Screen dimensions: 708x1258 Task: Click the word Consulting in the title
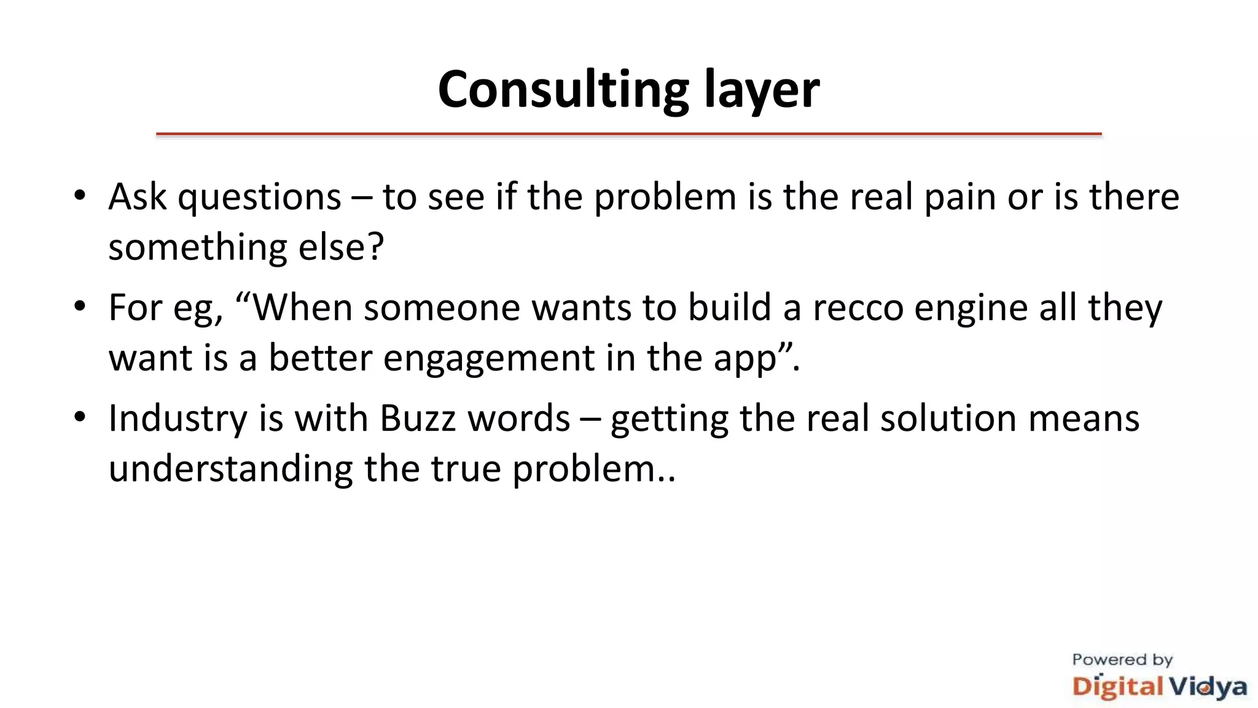[x=563, y=90]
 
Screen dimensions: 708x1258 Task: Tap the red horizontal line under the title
[x=628, y=133]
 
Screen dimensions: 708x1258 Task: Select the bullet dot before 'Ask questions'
[x=80, y=196]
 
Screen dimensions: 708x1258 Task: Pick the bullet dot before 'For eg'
[x=80, y=307]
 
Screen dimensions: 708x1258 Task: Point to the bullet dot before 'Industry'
[x=80, y=417]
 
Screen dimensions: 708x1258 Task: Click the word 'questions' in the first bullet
[x=259, y=198]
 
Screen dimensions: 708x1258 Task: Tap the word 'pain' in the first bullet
[x=959, y=198]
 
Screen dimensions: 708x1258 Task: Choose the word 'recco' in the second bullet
[x=858, y=308]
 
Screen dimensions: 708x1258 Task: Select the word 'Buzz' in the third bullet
[x=418, y=419]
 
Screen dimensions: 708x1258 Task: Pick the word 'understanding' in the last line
[x=230, y=469]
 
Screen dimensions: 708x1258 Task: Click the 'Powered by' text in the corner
[x=1122, y=660]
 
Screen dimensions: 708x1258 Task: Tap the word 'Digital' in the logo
[x=1118, y=687]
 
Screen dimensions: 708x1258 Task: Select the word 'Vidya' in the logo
[x=1208, y=687]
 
